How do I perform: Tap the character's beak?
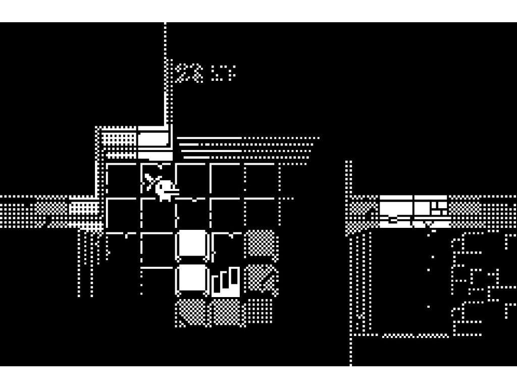(174, 190)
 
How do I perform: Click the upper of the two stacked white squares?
(192, 244)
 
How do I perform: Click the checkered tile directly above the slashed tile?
(261, 244)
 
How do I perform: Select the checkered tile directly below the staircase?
(227, 313)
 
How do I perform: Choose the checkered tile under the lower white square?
(191, 313)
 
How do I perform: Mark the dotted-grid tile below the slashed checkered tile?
(260, 311)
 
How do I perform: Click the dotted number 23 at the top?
(190, 73)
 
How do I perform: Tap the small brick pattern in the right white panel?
(438, 207)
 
